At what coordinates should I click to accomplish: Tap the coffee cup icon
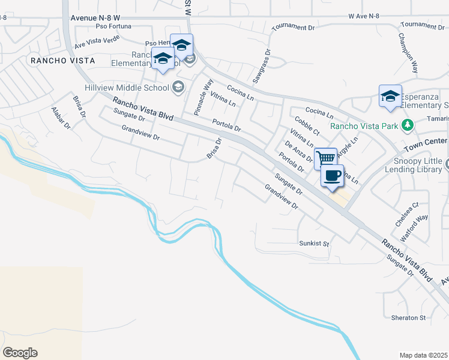tap(332, 176)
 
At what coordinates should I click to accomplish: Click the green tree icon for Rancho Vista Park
tap(408, 125)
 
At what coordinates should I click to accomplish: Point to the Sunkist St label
tap(315, 244)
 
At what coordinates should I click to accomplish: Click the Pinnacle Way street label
tap(203, 97)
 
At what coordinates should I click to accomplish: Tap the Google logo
tap(20, 353)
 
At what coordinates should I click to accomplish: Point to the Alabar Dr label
tap(61, 118)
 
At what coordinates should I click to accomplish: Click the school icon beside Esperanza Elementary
tap(390, 96)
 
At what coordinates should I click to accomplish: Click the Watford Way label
tap(414, 227)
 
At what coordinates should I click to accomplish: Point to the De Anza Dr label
tap(299, 152)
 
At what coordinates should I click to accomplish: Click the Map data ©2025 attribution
tap(424, 355)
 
